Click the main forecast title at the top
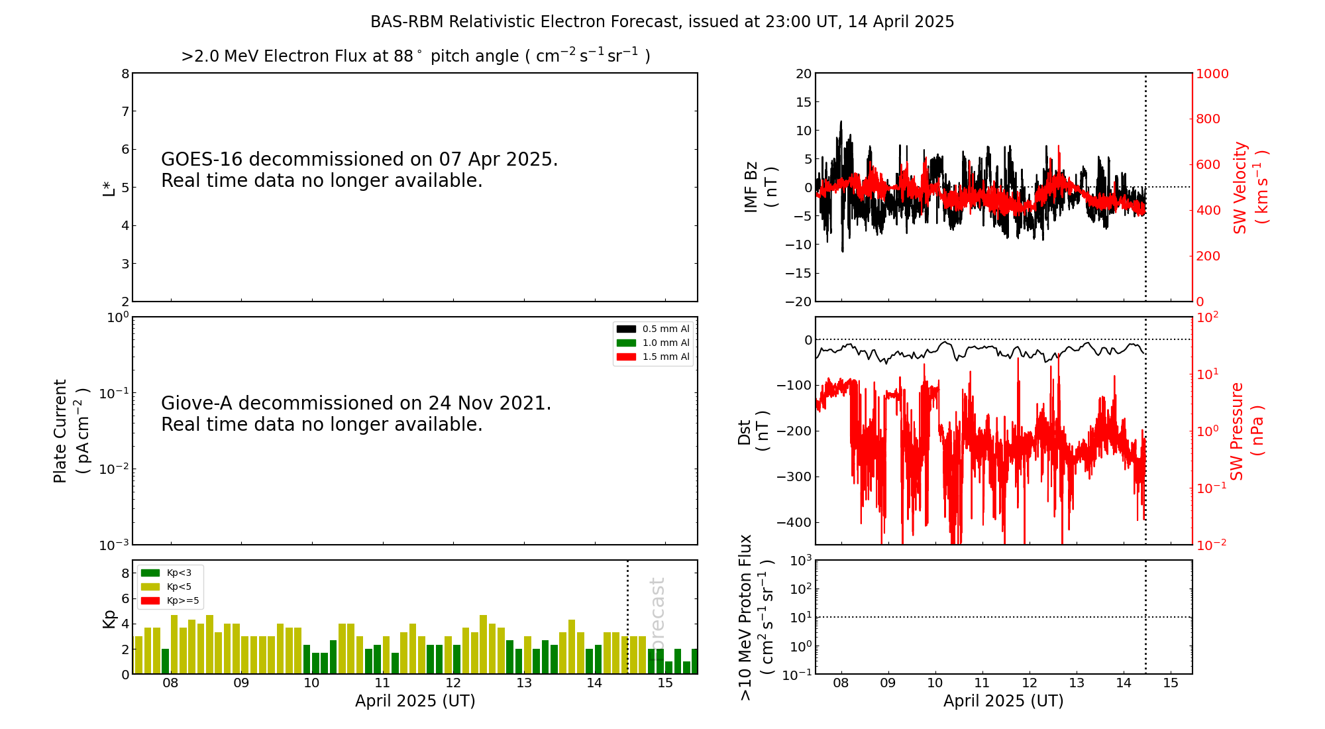(x=662, y=22)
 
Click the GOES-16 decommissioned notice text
(x=359, y=170)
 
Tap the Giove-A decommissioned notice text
(x=356, y=414)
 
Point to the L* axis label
(x=109, y=188)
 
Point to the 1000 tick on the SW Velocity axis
(x=1212, y=74)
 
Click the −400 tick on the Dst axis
(x=794, y=522)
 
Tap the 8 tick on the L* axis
(x=125, y=74)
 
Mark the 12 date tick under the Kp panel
(x=453, y=683)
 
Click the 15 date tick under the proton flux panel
(x=1171, y=683)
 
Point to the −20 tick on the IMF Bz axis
(x=798, y=302)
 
